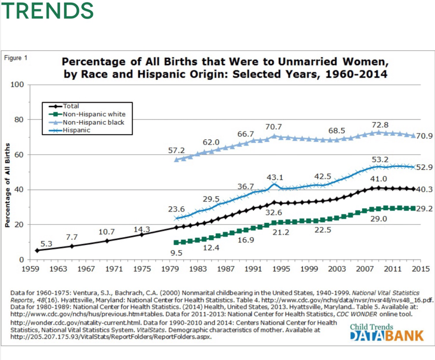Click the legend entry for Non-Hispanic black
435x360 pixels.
coord(93,122)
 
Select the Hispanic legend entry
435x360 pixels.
coord(77,130)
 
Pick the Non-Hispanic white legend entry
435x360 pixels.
coord(94,114)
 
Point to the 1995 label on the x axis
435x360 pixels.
coord(282,269)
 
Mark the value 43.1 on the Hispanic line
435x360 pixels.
coord(275,177)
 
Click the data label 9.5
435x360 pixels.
coord(177,253)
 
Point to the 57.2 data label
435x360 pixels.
coord(177,150)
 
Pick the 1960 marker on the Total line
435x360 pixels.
coord(37,250)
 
